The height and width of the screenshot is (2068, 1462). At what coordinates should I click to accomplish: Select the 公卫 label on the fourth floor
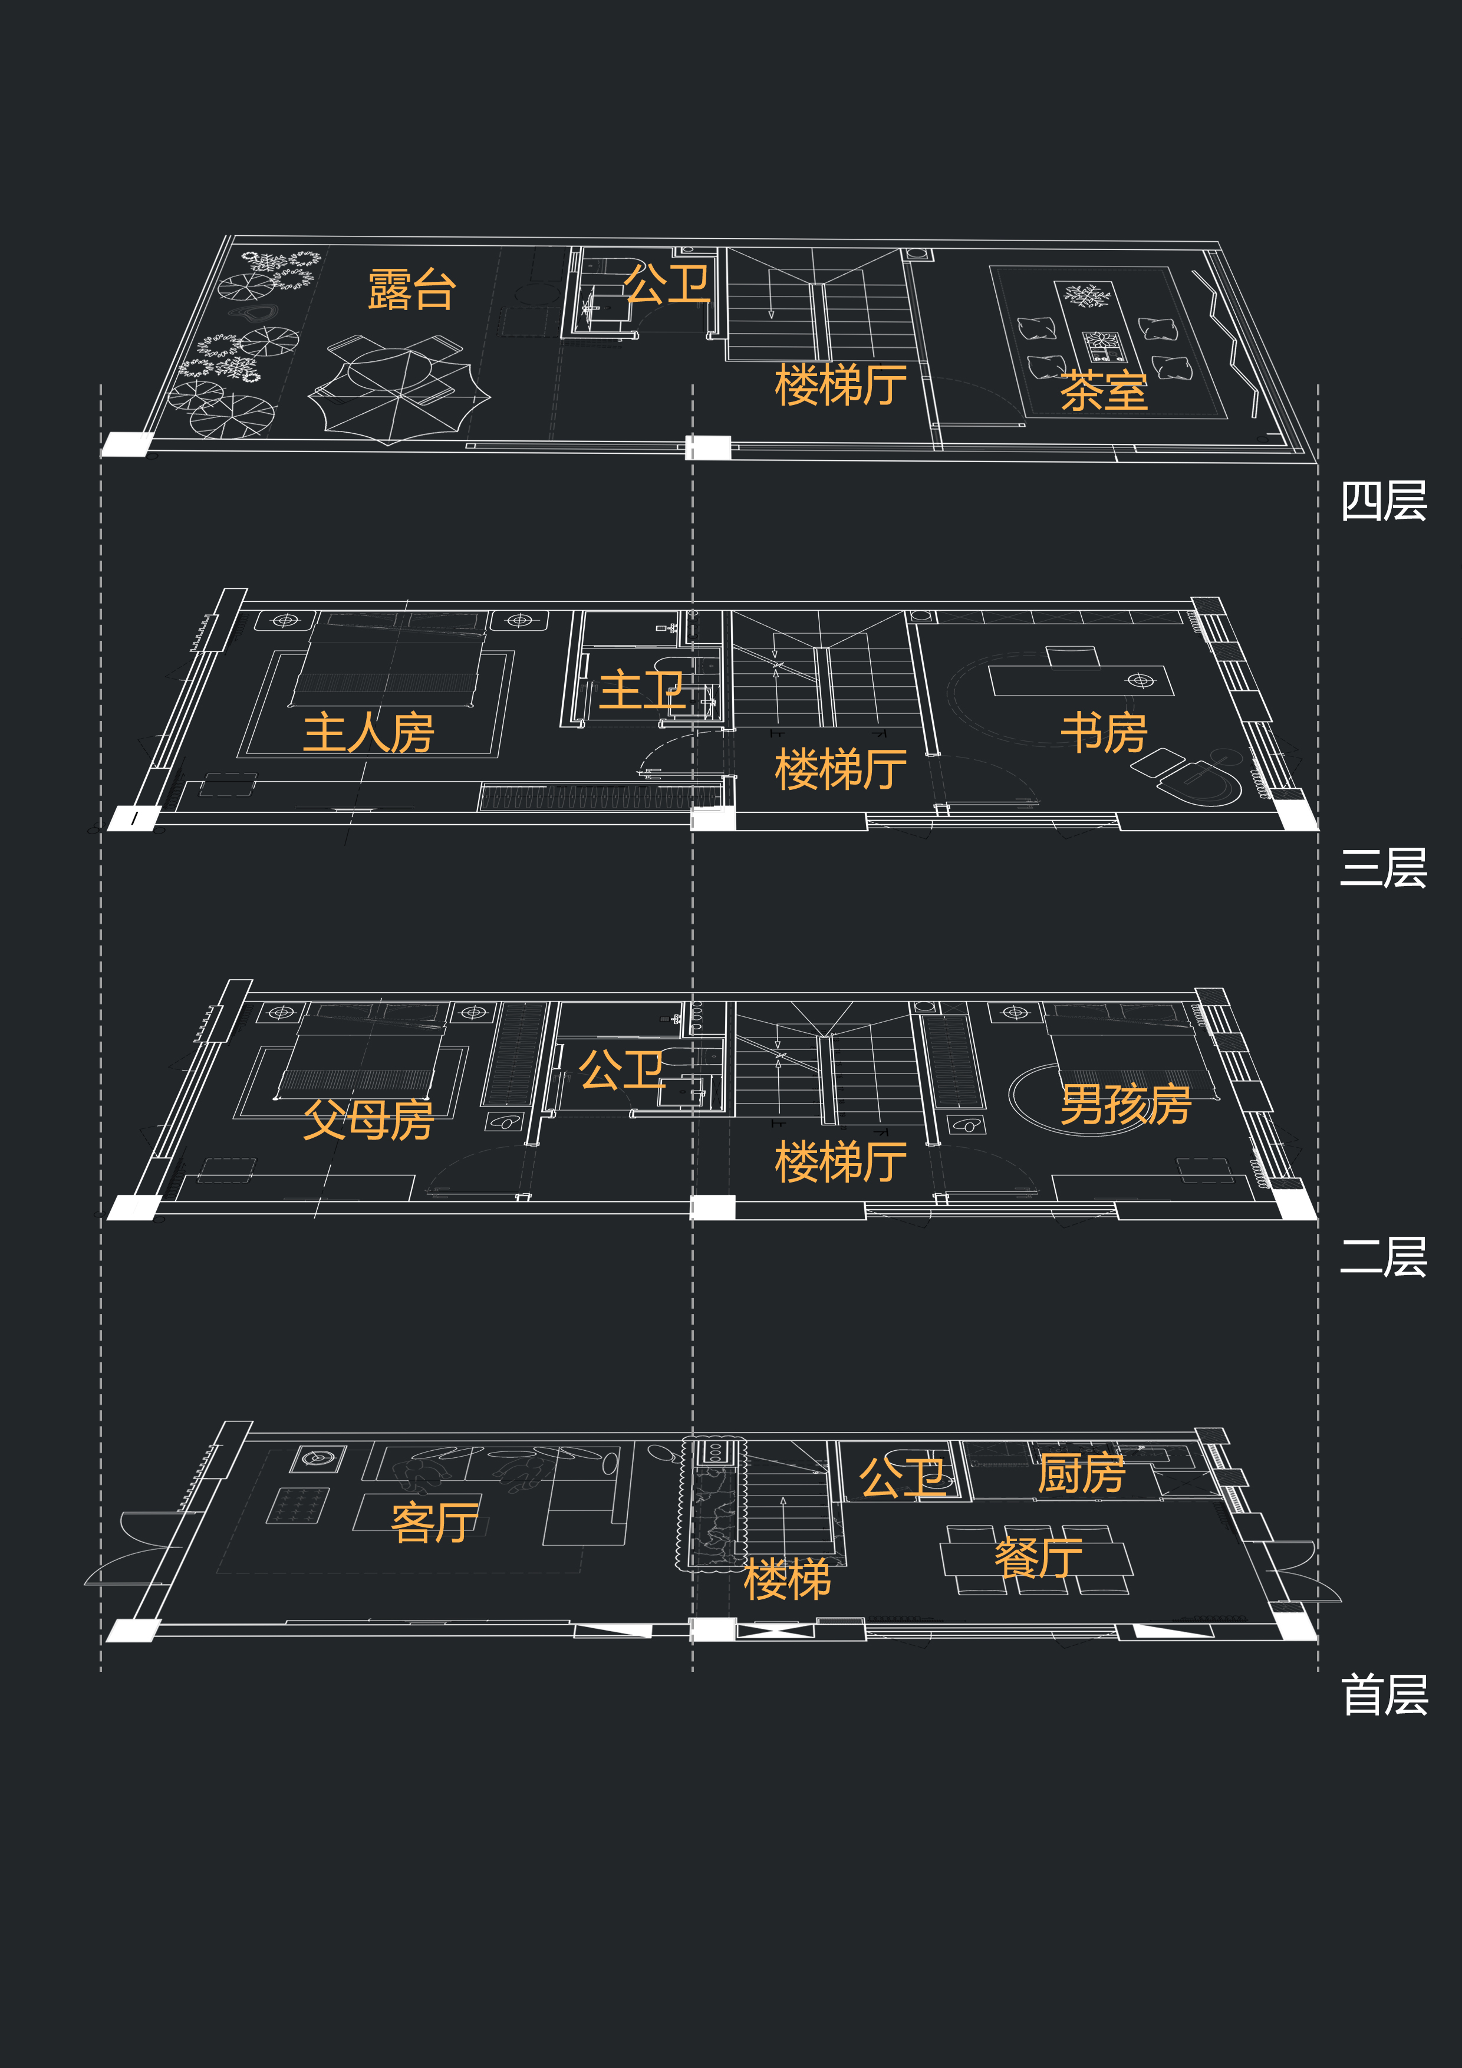click(x=667, y=285)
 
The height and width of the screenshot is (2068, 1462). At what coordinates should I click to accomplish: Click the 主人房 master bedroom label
click(x=368, y=732)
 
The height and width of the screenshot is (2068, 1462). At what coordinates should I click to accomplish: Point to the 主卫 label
click(x=642, y=690)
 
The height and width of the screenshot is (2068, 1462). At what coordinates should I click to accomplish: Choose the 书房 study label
click(x=1104, y=732)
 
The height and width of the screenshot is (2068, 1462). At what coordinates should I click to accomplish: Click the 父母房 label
click(x=367, y=1119)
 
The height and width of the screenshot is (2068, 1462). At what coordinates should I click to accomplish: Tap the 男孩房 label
click(x=1125, y=1104)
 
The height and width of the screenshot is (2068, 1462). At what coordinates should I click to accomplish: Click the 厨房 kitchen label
click(x=1081, y=1474)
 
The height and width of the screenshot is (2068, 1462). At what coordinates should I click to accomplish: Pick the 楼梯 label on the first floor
click(x=786, y=1580)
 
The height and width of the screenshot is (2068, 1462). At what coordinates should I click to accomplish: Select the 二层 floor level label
click(x=1384, y=1257)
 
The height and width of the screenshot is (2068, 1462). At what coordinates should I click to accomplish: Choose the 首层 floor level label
click(x=1384, y=1695)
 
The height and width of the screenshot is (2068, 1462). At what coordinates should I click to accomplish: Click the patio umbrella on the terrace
click(x=399, y=392)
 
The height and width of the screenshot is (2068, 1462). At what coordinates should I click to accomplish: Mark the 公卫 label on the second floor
click(x=621, y=1070)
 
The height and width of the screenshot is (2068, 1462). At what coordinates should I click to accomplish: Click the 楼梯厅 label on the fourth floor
click(x=841, y=384)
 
